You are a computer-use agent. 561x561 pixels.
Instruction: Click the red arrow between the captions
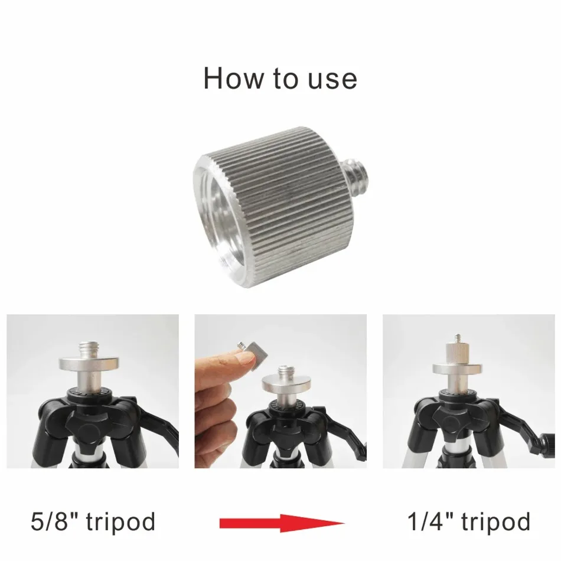[282, 523]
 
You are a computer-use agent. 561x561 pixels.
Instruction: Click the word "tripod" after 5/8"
[120, 523]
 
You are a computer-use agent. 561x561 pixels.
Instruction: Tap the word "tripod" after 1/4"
[495, 523]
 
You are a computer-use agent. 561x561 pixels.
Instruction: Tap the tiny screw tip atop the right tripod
[458, 338]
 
